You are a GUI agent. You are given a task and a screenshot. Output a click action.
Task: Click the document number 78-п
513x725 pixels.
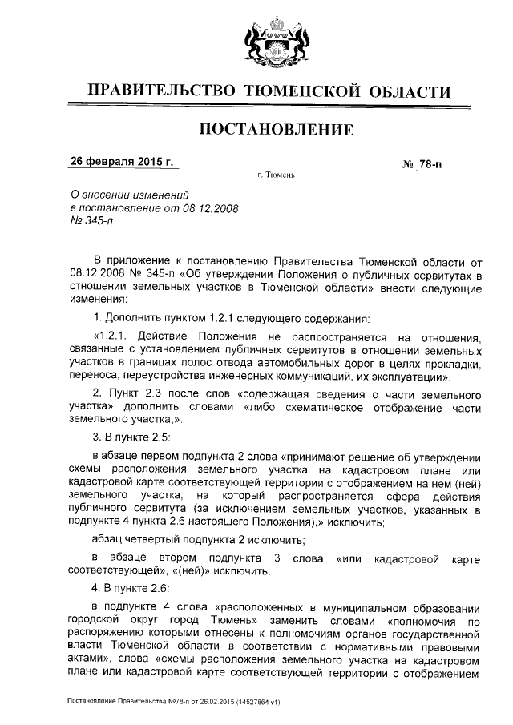point(430,163)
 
